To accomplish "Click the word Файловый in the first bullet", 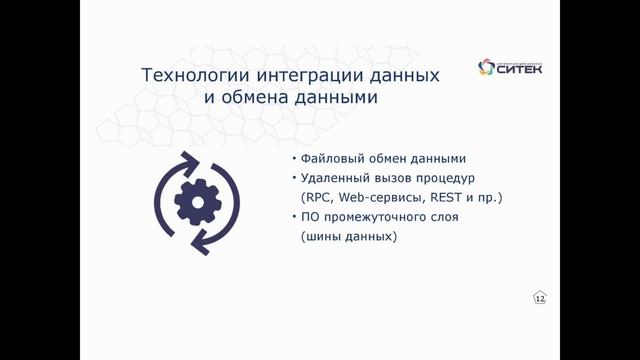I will click(332, 160).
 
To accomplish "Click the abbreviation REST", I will click(440, 198).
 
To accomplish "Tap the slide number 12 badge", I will click(540, 298).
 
